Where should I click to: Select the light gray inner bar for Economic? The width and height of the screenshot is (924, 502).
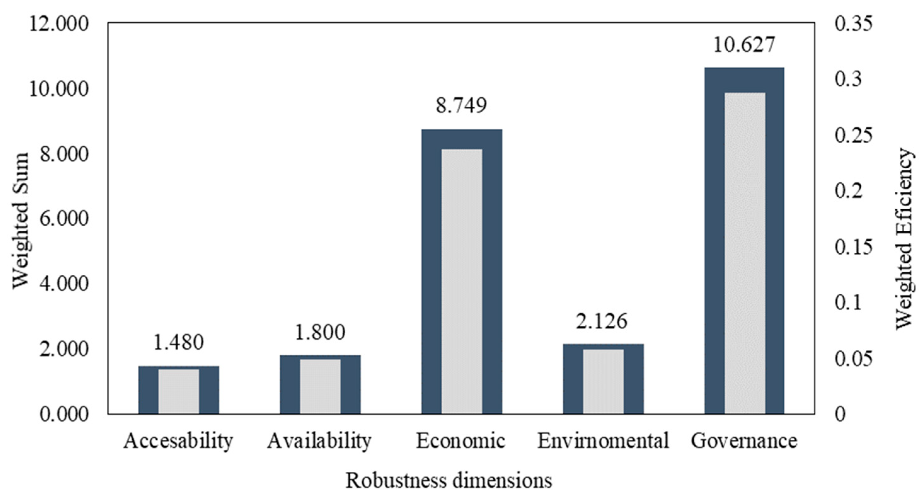pos(462,281)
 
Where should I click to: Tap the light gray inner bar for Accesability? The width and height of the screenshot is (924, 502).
pos(179,391)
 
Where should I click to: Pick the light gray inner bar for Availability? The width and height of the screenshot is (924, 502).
pos(320,386)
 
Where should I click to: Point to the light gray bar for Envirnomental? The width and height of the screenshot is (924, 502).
pos(603,381)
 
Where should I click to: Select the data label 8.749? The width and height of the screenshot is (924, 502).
pos(461,105)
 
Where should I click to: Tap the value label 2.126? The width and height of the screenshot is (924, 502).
pos(602,321)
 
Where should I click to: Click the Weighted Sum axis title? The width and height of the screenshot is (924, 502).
pos(20,220)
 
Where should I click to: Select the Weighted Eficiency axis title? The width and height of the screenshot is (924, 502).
pos(904,238)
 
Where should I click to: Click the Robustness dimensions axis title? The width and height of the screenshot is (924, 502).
pos(448,481)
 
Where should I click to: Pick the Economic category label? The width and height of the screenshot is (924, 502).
pos(461,441)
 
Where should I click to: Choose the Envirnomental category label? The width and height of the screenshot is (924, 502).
pos(603,441)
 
